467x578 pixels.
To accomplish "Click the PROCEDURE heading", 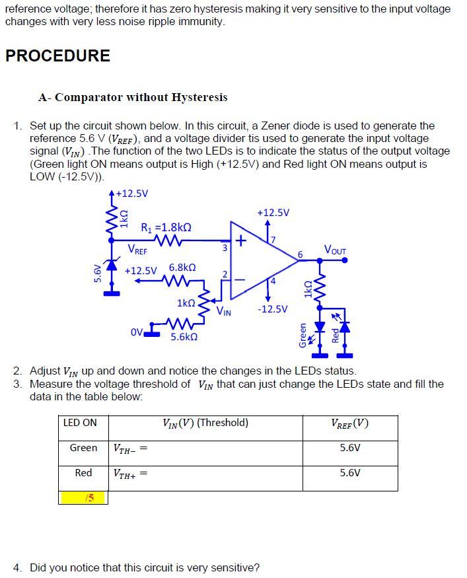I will [x=57, y=55].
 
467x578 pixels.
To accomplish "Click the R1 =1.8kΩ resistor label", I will [x=166, y=227].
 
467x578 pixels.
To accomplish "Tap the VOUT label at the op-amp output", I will [x=335, y=249].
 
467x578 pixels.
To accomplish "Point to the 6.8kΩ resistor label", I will [x=182, y=268].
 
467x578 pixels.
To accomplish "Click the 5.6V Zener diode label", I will [x=98, y=272].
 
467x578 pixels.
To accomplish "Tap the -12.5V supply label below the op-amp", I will [x=273, y=308].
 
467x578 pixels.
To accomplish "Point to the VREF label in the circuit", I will [x=137, y=250].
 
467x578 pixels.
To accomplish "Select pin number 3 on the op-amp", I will [x=225, y=248].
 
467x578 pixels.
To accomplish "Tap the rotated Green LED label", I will [x=303, y=334].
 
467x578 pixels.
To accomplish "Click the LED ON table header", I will [x=80, y=423].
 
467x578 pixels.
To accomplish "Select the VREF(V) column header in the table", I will [x=350, y=423].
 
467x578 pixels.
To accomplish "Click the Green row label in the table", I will [x=83, y=448].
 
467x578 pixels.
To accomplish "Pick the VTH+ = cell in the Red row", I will [x=129, y=473].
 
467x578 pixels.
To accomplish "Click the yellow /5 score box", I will [x=83, y=497].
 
